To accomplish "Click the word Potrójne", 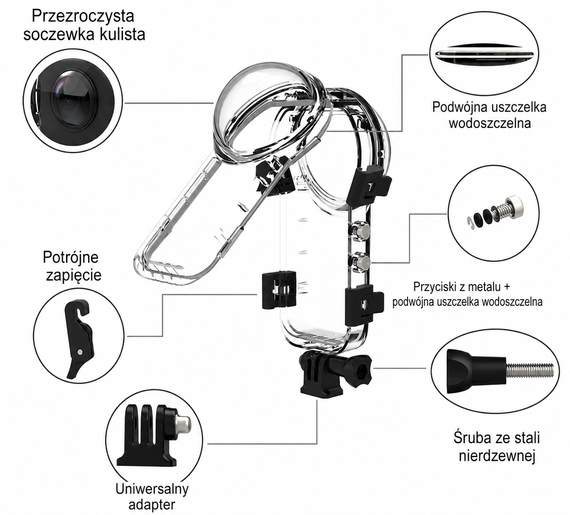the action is [x=70, y=258].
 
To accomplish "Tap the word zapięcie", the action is [x=73, y=275].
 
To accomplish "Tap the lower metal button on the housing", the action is [x=360, y=261].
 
